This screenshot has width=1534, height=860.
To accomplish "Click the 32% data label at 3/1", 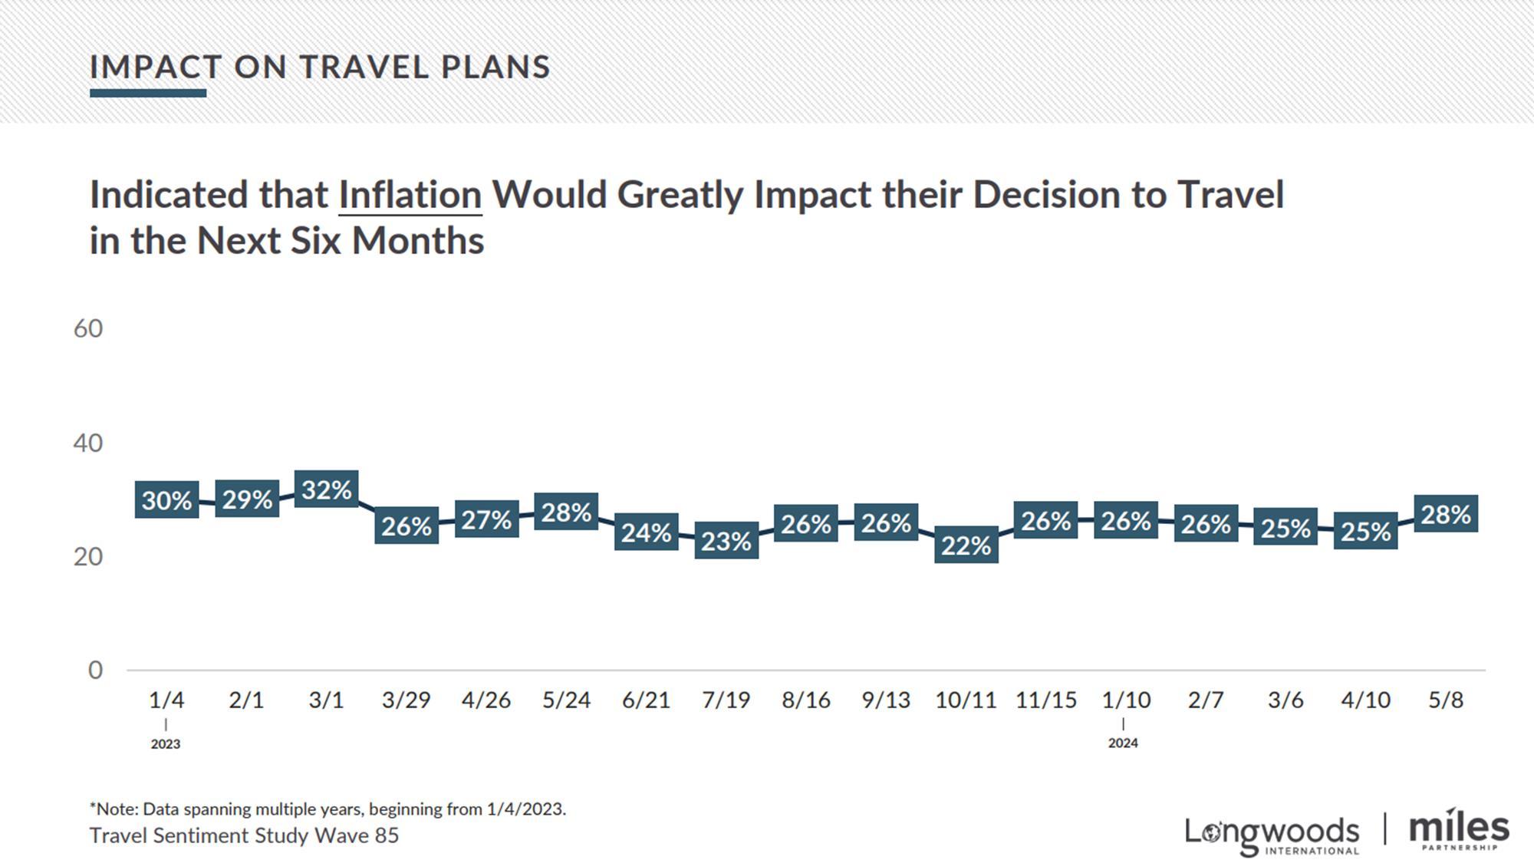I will click(326, 489).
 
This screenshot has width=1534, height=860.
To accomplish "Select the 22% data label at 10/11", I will click(966, 545).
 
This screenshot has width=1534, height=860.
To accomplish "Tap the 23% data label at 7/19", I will click(726, 541).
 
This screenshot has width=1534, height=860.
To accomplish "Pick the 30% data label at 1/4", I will click(166, 500).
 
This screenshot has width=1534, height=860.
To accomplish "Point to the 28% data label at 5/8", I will click(1445, 514).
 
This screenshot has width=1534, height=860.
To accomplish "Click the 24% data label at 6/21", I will click(646, 532).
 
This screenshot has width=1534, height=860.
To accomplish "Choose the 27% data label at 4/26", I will click(486, 519).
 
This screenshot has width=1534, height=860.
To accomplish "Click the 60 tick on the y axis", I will click(88, 328).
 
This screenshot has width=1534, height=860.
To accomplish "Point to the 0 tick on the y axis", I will click(95, 670).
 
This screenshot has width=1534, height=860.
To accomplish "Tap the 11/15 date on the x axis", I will click(1046, 700).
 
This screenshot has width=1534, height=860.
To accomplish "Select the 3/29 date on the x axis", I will click(406, 700).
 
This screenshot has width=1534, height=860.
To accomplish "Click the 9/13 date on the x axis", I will click(886, 700).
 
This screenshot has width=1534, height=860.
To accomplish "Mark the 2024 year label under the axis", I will click(1123, 743).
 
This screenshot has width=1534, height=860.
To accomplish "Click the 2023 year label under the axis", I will click(166, 743).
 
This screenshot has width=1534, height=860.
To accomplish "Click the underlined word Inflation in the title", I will click(410, 195).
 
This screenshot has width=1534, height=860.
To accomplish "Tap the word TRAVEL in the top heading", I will click(364, 68).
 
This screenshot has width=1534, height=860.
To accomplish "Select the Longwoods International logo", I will click(1272, 835).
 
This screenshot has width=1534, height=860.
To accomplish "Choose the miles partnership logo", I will click(1459, 830).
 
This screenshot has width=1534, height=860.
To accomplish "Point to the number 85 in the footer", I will click(387, 835).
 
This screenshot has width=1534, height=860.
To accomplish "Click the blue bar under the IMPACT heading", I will click(148, 94).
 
